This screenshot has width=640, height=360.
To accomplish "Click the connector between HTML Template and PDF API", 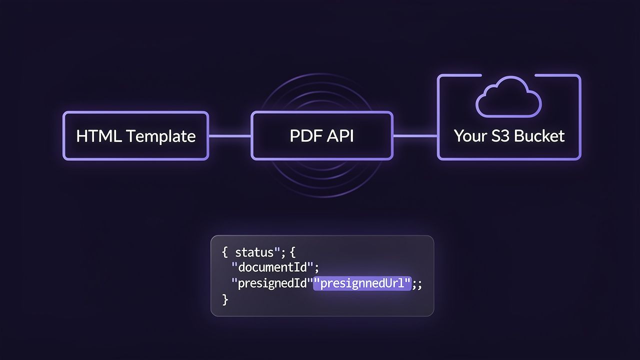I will [229, 135].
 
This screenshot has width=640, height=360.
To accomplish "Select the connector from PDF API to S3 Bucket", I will [415, 135].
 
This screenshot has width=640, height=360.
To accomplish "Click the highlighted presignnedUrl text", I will [361, 284].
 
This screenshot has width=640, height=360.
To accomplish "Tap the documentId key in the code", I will [272, 267].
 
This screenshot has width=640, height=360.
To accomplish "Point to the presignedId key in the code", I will [271, 284].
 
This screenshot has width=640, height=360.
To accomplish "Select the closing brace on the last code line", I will [225, 300].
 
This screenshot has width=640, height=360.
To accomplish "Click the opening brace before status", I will [225, 251].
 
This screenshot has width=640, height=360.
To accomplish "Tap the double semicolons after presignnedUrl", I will [417, 284].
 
